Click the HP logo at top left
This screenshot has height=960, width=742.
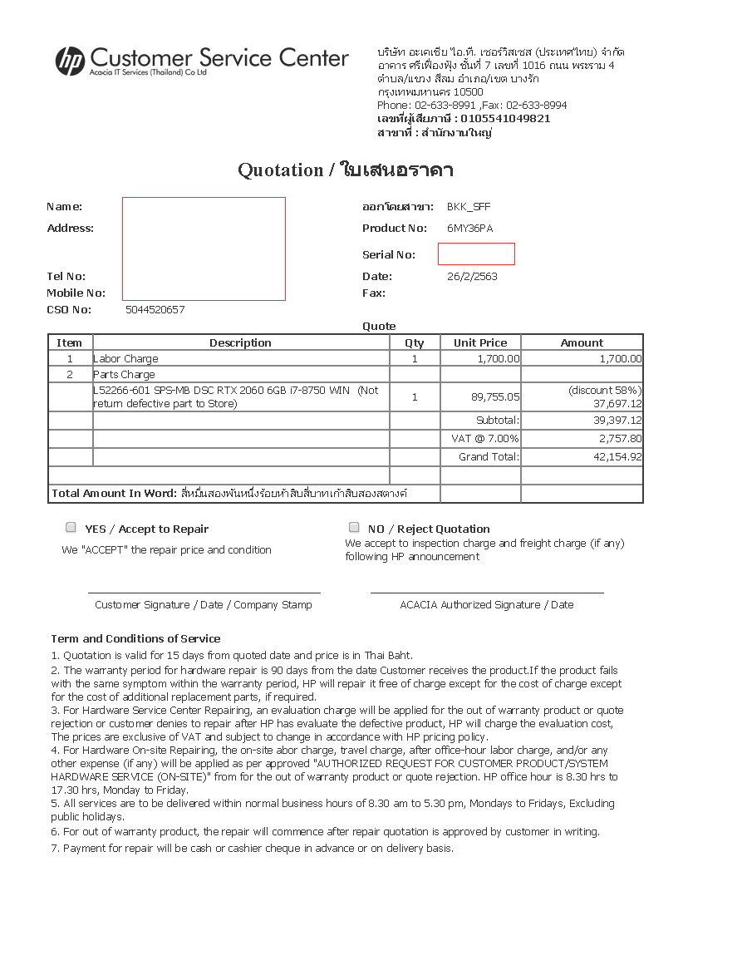[70, 61]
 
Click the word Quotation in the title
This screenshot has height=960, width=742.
[280, 170]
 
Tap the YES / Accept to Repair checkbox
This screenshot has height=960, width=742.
[71, 528]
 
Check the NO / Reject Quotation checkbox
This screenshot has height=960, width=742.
[355, 528]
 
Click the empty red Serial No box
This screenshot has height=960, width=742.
[476, 254]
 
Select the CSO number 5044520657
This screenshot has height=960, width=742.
[155, 310]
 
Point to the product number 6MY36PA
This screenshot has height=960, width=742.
[470, 229]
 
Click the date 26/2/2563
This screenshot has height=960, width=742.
[472, 277]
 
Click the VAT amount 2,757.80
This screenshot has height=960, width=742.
[619, 439]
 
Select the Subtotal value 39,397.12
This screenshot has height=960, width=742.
[613, 421]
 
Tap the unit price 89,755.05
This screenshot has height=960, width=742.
[495, 397]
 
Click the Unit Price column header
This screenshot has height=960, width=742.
[480, 343]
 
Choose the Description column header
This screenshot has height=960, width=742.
[240, 343]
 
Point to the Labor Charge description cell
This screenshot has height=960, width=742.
[125, 359]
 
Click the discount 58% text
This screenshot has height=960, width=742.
[605, 391]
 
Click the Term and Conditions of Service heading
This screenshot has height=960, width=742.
[135, 639]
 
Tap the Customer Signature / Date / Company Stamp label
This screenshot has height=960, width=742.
[204, 605]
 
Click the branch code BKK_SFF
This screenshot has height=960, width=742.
[469, 207]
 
